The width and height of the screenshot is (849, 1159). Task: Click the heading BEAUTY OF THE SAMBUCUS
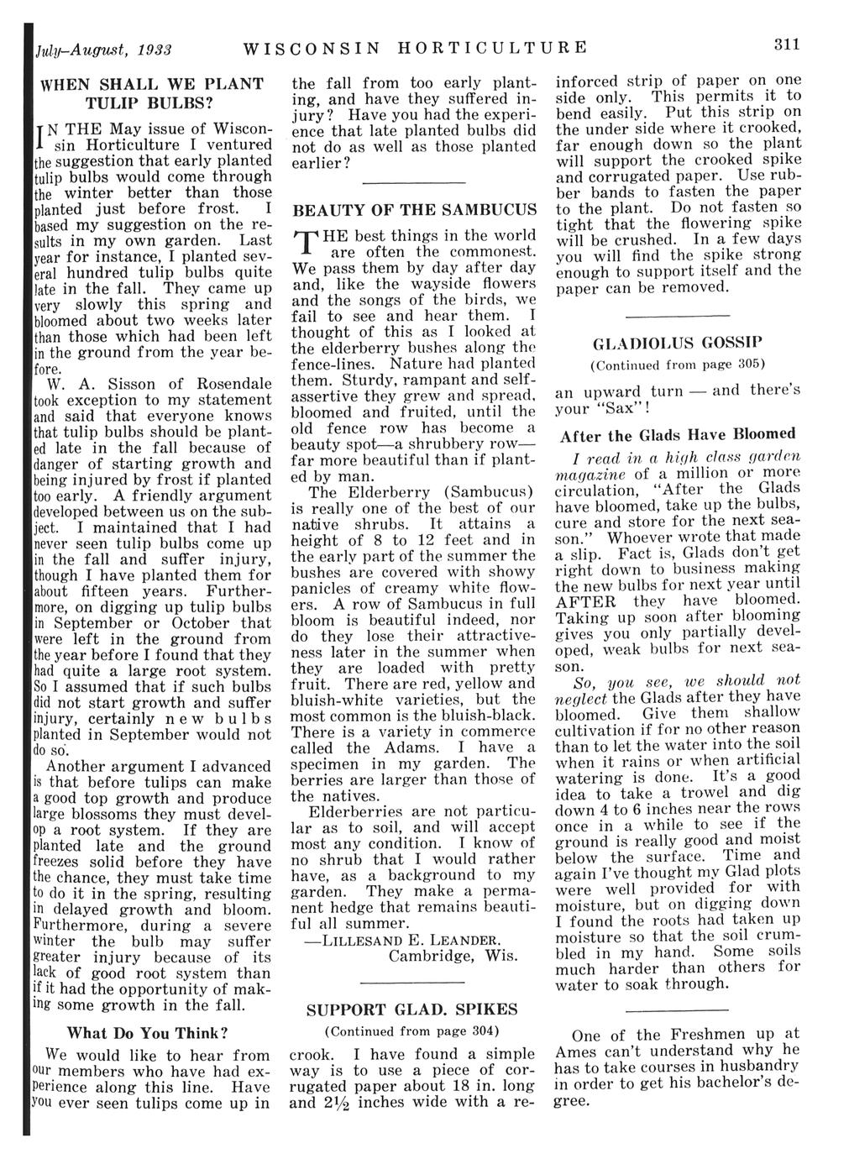(413, 208)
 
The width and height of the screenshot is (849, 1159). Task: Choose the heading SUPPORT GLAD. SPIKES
(411, 1009)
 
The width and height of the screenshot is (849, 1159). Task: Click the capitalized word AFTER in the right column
(585, 601)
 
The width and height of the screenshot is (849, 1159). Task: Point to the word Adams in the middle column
(411, 747)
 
